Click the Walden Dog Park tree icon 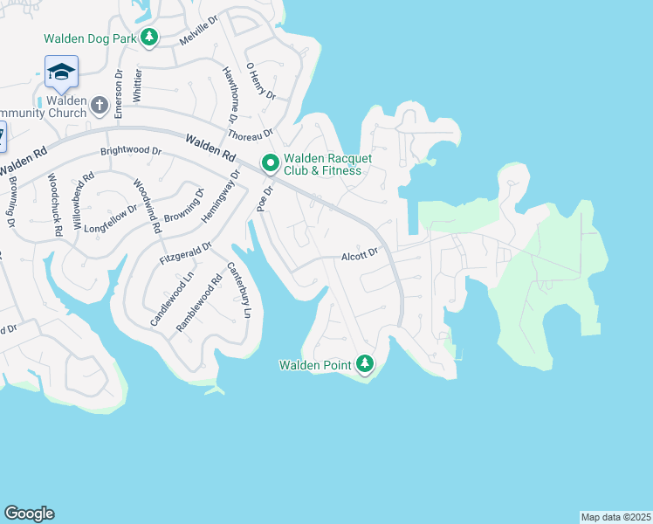150,37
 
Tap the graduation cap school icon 61,71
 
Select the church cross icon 100,106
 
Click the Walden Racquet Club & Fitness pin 271,162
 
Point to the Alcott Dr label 359,253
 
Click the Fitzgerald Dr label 186,253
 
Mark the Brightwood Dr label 131,150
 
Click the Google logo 29,514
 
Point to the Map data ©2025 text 615,517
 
